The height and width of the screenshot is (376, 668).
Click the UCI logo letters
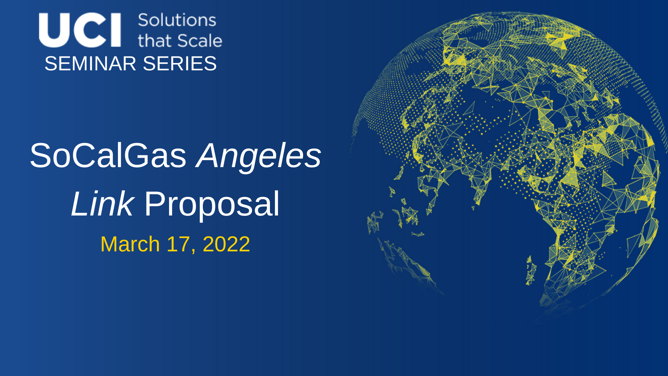80,30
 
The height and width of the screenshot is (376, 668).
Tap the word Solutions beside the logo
177,20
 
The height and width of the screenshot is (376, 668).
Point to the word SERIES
180,64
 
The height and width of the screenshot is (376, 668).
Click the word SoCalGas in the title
108,156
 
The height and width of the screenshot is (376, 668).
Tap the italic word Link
102,204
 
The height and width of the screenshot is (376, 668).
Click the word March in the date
130,244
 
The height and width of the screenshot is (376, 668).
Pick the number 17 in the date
178,244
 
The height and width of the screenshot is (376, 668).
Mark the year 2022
226,244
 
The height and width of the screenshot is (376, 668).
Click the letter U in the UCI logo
54,30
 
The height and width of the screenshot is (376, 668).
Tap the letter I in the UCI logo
116,30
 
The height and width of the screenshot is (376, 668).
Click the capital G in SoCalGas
136,156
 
